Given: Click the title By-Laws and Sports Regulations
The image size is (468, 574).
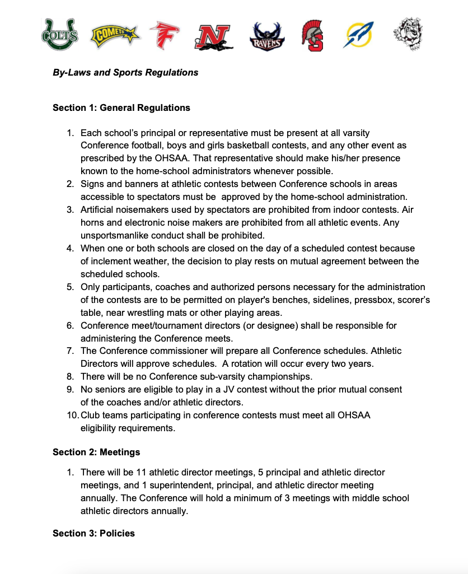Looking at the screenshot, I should pyautogui.click(x=125, y=73).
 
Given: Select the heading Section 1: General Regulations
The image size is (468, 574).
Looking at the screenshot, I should pyautogui.click(x=121, y=108).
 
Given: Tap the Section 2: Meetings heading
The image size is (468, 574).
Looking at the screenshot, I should pyautogui.click(x=96, y=452).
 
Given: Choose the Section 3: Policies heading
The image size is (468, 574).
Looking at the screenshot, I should pyautogui.click(x=93, y=533).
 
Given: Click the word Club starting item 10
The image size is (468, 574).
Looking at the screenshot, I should pyautogui.click(x=90, y=416).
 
